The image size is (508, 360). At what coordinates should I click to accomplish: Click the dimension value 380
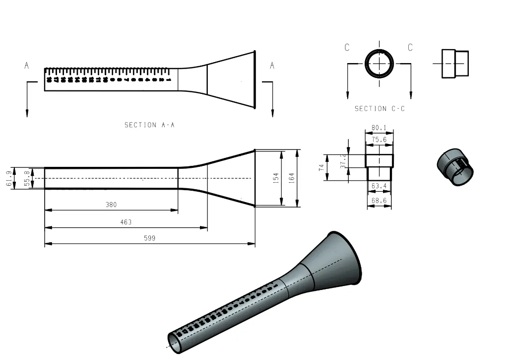111,205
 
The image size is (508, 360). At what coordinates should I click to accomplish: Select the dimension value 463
126,222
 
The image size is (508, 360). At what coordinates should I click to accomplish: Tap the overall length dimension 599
149,238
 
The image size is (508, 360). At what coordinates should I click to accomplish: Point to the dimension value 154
276,178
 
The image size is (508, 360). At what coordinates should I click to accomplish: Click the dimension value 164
291,178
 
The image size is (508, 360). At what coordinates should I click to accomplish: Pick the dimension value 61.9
9,178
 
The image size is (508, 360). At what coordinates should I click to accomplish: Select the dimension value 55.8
26,178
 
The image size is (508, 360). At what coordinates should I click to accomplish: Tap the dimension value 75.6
380,140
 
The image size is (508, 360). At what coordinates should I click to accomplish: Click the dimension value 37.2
343,160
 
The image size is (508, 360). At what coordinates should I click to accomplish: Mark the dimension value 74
321,167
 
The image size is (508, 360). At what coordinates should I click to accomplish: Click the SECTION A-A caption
149,125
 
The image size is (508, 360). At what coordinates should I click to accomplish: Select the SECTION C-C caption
380,109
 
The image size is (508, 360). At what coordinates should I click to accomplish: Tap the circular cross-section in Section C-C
380,64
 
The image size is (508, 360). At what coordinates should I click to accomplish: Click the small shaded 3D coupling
455,167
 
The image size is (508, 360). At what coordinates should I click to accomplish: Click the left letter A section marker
27,66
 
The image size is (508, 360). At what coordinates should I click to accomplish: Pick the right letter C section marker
410,48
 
